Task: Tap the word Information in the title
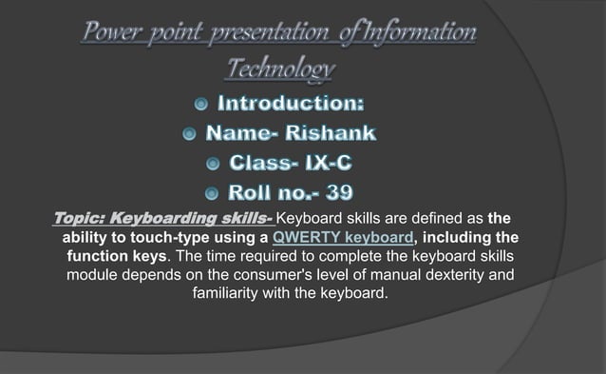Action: coord(410,34)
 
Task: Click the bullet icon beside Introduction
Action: coord(202,102)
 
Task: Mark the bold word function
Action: coord(98,256)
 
